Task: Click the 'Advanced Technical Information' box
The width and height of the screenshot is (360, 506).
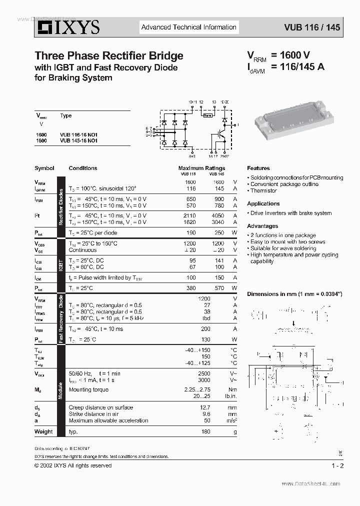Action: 188,27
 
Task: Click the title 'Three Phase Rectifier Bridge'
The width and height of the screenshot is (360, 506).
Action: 108,56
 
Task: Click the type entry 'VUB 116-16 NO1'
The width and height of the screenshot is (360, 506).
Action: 78,135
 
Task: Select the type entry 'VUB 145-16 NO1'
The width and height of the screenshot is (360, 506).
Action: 78,141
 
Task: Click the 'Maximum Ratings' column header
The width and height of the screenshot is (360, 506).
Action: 201,168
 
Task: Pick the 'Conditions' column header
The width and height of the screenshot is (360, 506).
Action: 83,168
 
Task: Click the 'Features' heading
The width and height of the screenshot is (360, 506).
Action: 258,168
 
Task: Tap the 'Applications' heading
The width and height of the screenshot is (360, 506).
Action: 263,203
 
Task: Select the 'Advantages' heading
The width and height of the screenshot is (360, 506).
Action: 262,226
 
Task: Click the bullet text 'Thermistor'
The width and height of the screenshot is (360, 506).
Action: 263,191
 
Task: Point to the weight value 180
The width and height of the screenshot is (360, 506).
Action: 206,431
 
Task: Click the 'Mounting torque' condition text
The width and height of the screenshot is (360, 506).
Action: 88,389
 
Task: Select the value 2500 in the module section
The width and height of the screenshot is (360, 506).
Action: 204,373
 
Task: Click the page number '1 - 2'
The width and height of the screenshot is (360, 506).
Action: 337,465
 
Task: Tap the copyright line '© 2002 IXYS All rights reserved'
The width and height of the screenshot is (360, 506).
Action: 73,465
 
